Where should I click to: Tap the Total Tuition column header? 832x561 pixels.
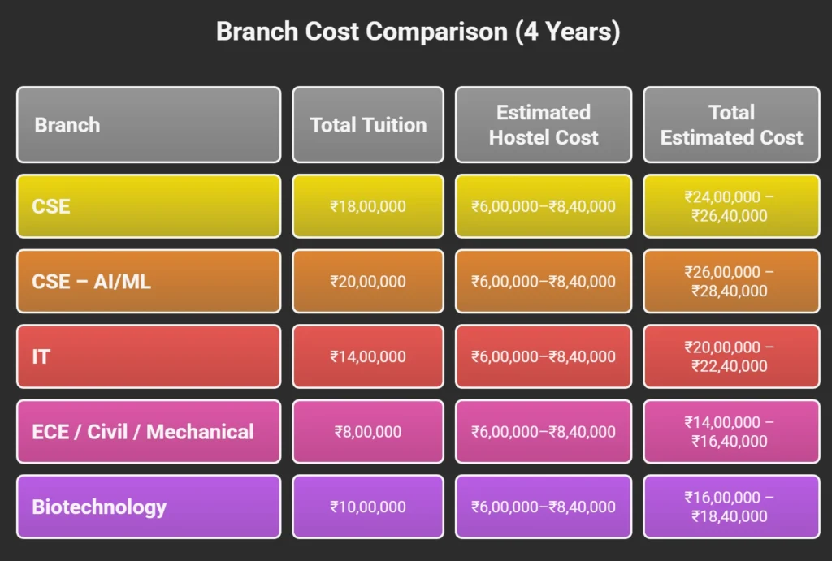(368, 125)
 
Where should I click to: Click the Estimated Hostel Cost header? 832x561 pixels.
(543, 125)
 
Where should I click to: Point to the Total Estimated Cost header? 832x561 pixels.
(731, 125)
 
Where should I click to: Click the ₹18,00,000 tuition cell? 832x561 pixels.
(368, 206)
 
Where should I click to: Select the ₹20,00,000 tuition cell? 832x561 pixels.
(368, 282)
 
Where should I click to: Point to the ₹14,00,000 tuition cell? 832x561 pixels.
(368, 356)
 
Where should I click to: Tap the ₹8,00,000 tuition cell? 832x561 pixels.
(368, 432)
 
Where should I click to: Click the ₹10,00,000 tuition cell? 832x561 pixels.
(368, 507)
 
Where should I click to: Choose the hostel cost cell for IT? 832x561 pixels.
(543, 356)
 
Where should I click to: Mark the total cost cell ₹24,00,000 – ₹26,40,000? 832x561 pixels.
(731, 206)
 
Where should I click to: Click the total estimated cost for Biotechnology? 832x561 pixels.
(731, 507)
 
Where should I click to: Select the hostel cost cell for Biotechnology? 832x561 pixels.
(543, 507)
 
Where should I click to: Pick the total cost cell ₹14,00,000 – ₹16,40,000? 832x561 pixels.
(731, 432)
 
